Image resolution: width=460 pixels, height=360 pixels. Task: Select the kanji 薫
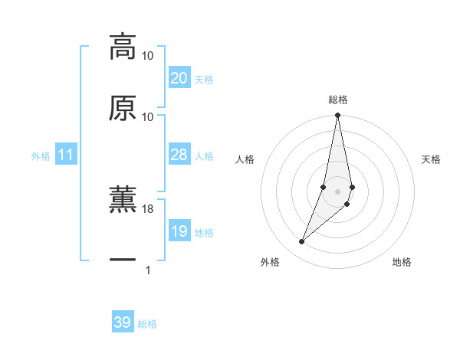click(x=123, y=200)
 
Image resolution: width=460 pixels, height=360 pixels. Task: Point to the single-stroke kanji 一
click(x=123, y=260)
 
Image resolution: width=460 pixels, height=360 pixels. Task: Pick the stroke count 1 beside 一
click(x=148, y=270)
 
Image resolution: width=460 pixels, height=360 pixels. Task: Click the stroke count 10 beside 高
click(x=148, y=56)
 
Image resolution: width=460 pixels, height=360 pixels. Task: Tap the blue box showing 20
click(x=179, y=78)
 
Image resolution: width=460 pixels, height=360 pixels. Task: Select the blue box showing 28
click(x=179, y=155)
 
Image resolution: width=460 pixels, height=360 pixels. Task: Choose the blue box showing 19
click(x=179, y=231)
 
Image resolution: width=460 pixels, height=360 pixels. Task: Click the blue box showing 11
click(x=66, y=155)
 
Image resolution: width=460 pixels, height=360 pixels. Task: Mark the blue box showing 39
click(x=122, y=322)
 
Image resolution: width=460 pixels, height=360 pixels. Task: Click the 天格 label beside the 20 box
click(x=204, y=80)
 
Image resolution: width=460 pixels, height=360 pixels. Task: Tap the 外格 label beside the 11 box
click(x=41, y=156)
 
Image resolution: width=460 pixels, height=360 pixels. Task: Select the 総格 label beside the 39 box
click(x=147, y=324)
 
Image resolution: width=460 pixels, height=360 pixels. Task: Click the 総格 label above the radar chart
click(x=337, y=100)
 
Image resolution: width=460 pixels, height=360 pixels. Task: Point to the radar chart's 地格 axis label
click(x=402, y=263)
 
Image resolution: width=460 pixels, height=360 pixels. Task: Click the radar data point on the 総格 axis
click(x=337, y=116)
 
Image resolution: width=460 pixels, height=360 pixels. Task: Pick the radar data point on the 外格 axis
click(x=301, y=241)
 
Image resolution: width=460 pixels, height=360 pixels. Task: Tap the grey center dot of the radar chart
click(x=337, y=191)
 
